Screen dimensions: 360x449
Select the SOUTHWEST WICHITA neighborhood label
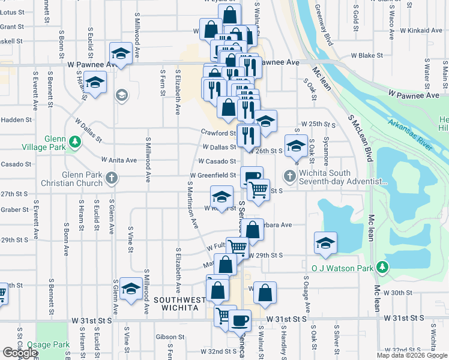(x=175, y=303)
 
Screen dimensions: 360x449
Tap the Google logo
(x=20, y=353)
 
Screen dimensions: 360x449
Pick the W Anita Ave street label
(x=119, y=160)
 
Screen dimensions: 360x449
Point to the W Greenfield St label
(x=212, y=175)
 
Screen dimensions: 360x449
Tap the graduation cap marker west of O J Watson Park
(x=325, y=242)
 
